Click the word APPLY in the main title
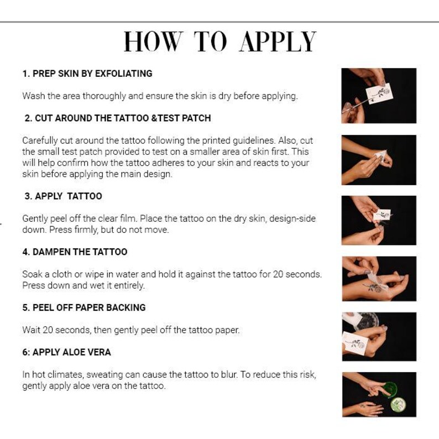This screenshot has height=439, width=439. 278,42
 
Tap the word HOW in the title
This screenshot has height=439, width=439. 153,42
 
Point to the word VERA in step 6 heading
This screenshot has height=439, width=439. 99,352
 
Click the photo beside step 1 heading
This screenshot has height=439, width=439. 378,95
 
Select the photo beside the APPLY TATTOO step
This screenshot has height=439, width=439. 378,219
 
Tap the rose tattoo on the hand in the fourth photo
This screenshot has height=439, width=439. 374,287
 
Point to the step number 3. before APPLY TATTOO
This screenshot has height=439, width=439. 28,196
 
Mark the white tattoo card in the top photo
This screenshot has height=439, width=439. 379,92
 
